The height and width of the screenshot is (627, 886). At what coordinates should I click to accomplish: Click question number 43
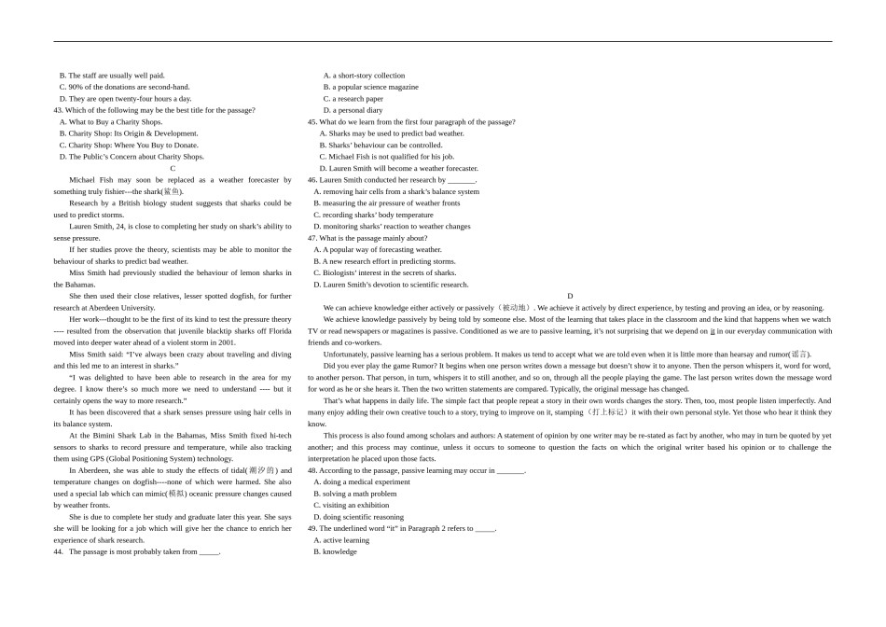click(59, 110)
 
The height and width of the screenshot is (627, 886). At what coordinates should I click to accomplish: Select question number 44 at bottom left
click(59, 551)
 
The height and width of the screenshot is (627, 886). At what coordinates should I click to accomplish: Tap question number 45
click(312, 122)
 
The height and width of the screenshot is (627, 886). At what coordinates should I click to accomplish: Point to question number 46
click(312, 180)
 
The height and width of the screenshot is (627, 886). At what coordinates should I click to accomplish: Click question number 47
click(312, 238)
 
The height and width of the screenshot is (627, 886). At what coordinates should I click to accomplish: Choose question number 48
click(312, 470)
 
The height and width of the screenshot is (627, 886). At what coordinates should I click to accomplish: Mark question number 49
click(312, 528)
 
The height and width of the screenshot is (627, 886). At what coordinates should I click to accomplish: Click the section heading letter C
click(173, 169)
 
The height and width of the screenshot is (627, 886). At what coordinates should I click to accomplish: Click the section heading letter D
click(570, 297)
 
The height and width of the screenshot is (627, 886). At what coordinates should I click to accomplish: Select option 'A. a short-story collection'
click(364, 76)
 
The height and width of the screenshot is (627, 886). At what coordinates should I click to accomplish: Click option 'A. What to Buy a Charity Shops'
click(110, 122)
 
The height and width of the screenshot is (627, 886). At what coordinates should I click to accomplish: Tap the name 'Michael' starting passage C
click(82, 180)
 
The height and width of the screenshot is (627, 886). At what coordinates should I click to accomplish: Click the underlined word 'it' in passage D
click(713, 331)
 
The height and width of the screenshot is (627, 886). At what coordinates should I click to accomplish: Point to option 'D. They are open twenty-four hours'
click(125, 99)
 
